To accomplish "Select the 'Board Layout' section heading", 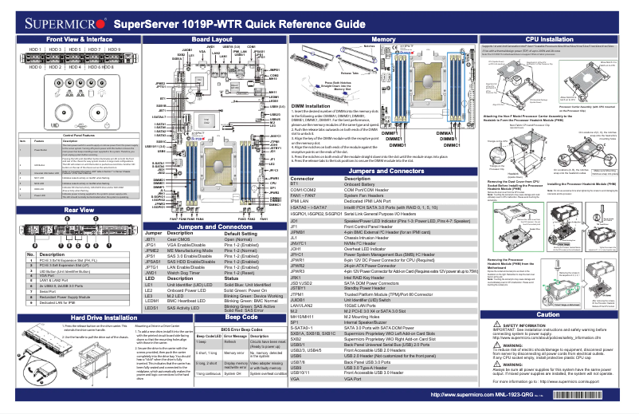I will point(212,38).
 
